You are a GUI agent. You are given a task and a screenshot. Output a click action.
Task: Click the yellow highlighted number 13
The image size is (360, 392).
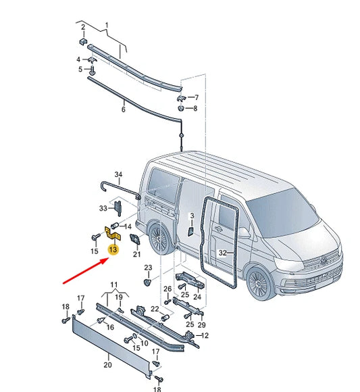[113, 250]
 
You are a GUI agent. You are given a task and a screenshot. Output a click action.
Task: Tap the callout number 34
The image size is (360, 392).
[119, 175]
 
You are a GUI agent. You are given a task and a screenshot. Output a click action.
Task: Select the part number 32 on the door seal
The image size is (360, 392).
[222, 253]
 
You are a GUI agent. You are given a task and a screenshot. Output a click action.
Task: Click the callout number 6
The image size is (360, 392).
[124, 108]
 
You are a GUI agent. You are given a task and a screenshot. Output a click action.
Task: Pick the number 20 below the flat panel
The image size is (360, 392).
[107, 364]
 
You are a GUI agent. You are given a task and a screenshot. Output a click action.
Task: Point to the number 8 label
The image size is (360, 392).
[196, 108]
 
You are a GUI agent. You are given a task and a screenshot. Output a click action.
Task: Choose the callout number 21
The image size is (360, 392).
[136, 254]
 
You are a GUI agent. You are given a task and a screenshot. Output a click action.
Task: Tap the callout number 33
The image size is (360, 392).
[103, 207]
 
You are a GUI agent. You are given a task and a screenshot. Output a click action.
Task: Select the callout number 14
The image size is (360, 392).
[128, 225]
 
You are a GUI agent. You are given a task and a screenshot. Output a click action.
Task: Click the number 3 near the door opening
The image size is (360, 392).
[192, 216]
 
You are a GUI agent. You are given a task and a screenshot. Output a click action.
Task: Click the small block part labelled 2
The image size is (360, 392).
[83, 41]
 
